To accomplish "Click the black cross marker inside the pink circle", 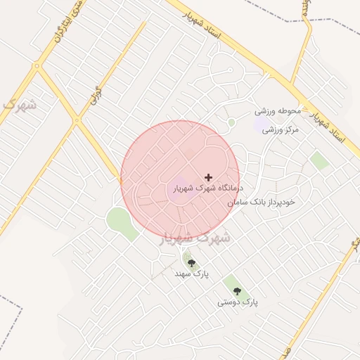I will [x=208, y=177].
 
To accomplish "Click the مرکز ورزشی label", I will [x=281, y=129].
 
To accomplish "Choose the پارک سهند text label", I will [x=192, y=274].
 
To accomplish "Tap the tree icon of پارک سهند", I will [x=191, y=263].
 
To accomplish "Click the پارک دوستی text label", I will [x=237, y=302].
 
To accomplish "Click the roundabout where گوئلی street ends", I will [x=77, y=121].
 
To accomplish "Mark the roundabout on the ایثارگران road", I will [x=37, y=67].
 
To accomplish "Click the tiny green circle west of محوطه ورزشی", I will [x=231, y=122].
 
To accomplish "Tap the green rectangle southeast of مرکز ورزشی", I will [x=320, y=160].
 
